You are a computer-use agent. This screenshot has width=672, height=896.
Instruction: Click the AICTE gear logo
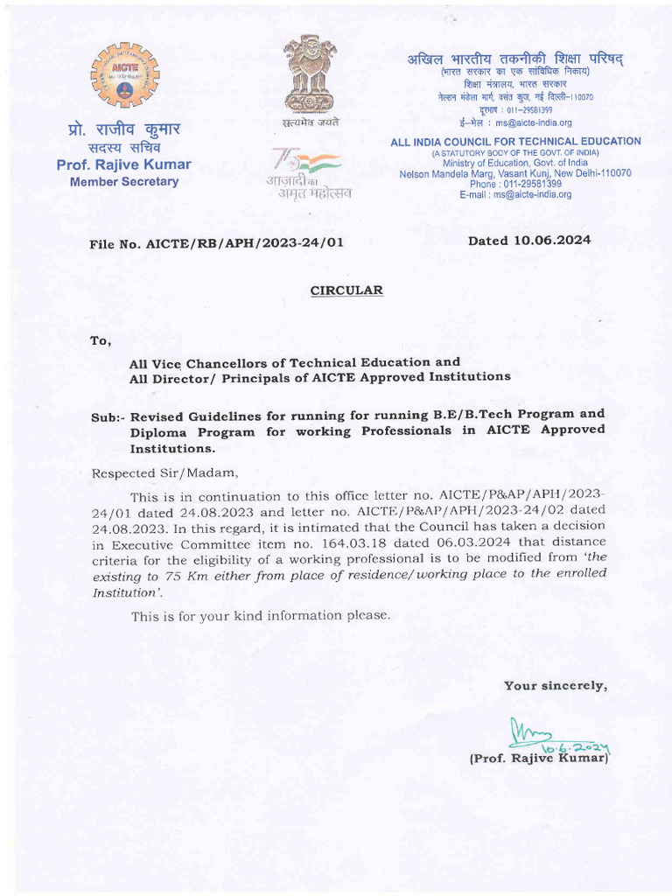tap(123, 75)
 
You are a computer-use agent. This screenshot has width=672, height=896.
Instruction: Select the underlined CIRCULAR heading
tap(346, 290)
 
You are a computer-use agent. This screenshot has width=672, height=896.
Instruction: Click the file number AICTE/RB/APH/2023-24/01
tap(216, 243)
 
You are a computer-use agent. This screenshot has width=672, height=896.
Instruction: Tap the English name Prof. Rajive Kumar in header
tap(123, 164)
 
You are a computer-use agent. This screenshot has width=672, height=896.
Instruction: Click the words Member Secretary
tap(123, 182)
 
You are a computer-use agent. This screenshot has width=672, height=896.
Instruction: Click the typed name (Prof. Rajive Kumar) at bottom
tap(538, 759)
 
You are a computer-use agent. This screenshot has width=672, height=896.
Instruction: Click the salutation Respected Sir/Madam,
tap(164, 473)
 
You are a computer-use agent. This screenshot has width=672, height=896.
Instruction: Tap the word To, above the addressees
tap(101, 340)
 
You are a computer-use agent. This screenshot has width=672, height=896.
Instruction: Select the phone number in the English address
tap(515, 184)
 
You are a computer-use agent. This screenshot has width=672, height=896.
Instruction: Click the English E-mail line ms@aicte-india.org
tap(515, 194)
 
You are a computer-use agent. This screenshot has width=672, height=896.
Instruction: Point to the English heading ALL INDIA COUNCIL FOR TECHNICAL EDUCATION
tap(515, 142)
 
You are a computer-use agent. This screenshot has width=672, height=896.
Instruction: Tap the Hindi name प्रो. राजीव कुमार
tap(123, 129)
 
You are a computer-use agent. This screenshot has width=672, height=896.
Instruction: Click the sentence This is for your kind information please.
tap(260, 616)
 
